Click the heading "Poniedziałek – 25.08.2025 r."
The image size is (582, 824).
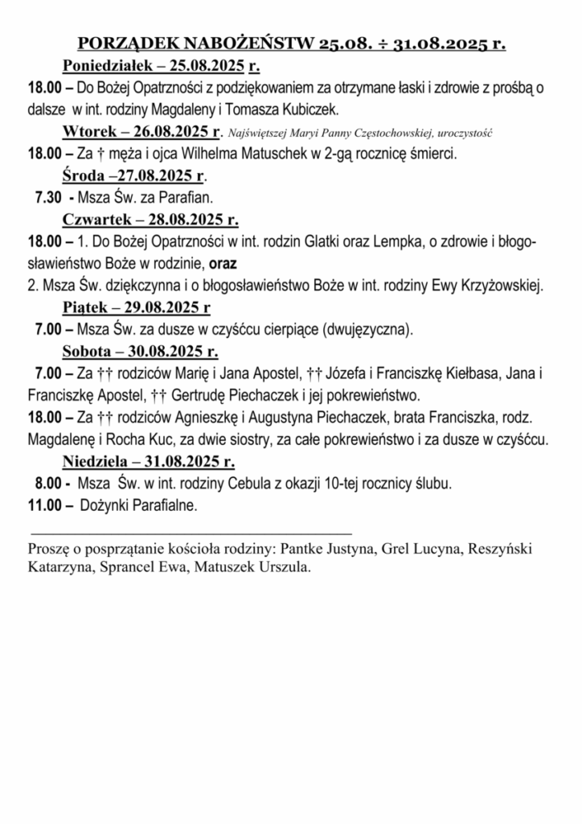point(165,65)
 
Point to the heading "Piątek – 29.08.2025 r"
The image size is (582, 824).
point(137,307)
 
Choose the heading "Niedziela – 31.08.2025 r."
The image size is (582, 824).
point(149,462)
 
